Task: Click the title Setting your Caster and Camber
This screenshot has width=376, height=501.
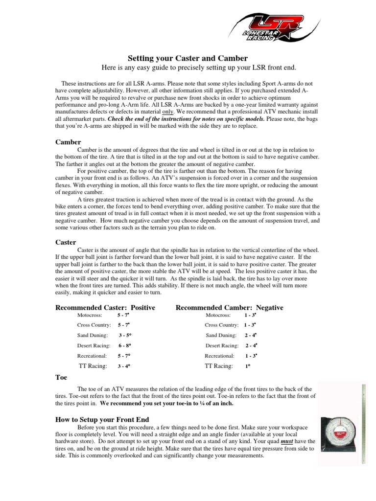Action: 188,57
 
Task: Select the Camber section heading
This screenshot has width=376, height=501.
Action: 68,142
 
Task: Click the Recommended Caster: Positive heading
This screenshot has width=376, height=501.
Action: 105,307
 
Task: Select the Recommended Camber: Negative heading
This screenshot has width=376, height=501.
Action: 229,307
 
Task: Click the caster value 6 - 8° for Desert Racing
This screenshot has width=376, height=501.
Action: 124,345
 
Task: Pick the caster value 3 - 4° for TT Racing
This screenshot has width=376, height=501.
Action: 124,366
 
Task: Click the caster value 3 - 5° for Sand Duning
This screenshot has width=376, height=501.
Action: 125,335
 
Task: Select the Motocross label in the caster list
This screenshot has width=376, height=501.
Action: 90,316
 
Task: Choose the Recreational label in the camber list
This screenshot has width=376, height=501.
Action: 219,356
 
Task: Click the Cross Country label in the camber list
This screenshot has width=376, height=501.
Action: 221,325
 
